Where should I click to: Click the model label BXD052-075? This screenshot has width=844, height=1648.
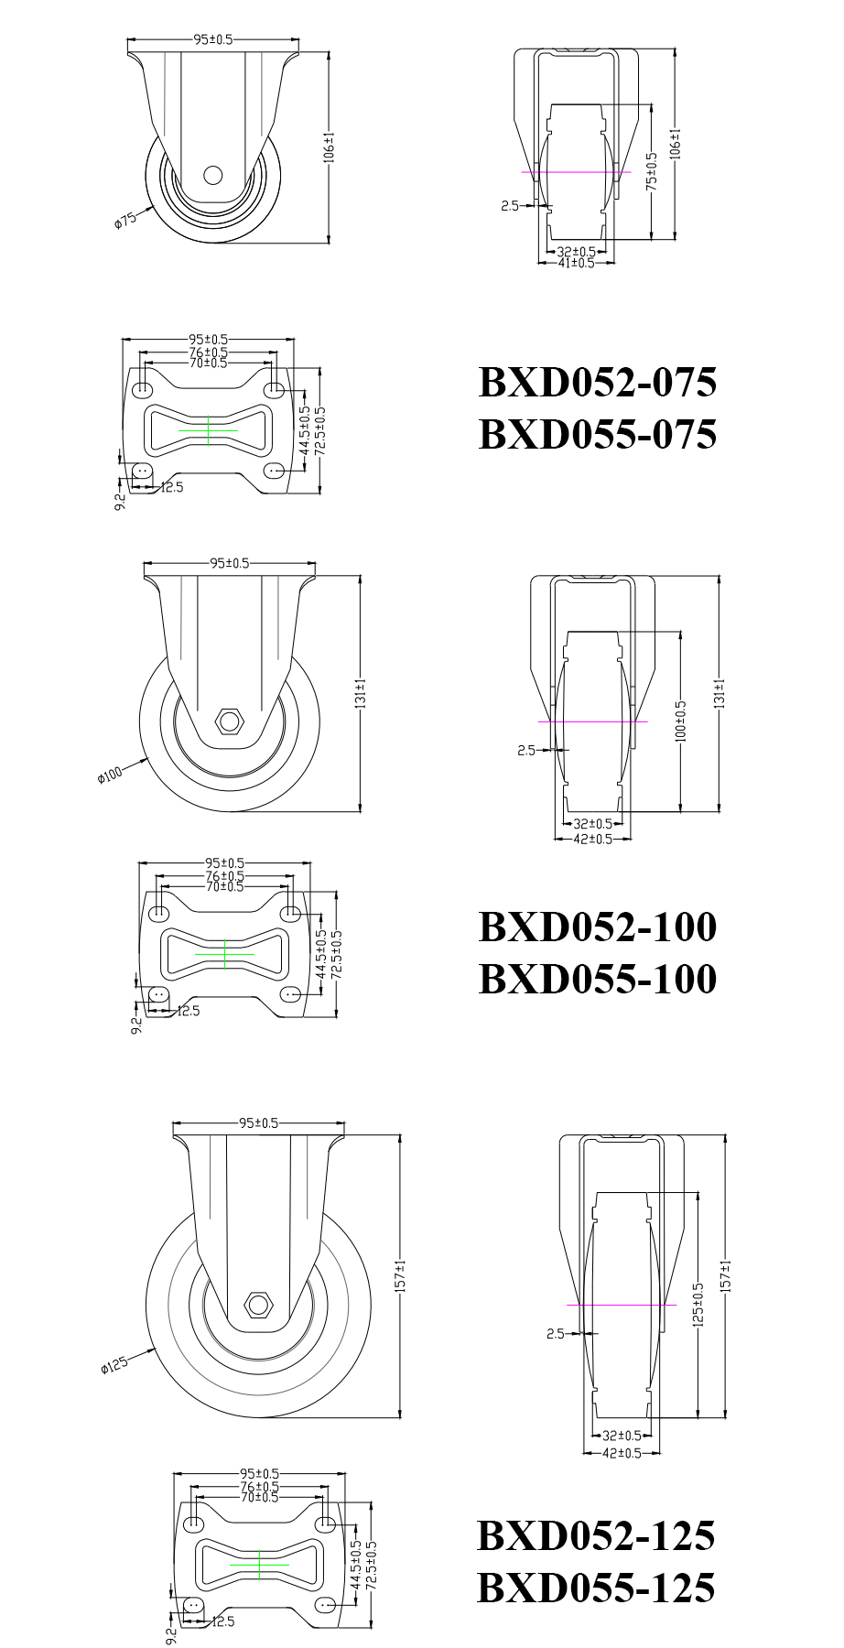[x=597, y=383]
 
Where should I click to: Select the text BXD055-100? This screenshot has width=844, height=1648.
[x=597, y=979]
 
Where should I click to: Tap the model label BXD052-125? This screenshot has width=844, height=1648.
[x=595, y=1535]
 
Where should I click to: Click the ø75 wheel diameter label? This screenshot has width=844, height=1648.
[x=125, y=221]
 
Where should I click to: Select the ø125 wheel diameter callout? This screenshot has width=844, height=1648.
[x=114, y=1365]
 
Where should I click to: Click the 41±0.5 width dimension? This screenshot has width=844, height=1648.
[x=576, y=263]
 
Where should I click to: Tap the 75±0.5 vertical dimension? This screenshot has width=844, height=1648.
[x=652, y=170]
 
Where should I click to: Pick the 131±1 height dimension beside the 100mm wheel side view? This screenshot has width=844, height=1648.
[x=360, y=693]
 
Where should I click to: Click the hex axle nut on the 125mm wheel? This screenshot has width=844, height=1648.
[x=259, y=1303]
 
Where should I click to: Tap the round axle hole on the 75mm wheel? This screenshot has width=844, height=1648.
[x=212, y=174]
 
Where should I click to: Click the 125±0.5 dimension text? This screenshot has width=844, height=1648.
[x=698, y=1305]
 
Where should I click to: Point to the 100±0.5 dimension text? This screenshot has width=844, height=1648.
[x=680, y=721]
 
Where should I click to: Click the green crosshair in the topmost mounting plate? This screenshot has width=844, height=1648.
[x=209, y=429]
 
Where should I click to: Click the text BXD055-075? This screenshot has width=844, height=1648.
[x=597, y=435]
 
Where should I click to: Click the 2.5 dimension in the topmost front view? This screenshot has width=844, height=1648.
[x=510, y=206]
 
